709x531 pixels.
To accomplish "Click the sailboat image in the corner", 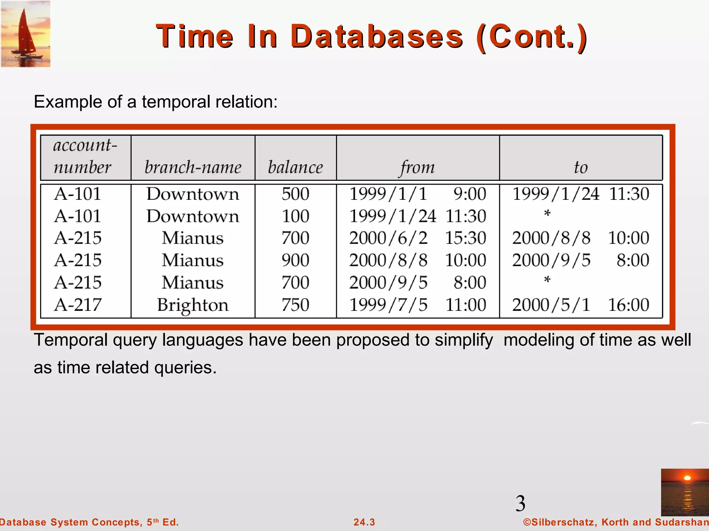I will click(x=26, y=34).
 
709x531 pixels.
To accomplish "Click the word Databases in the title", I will click(x=376, y=37).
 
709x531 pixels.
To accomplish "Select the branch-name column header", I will click(x=193, y=167).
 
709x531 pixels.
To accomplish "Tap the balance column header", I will click(x=295, y=167).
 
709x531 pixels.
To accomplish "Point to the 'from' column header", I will click(x=418, y=167).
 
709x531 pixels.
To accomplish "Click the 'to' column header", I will click(x=581, y=167).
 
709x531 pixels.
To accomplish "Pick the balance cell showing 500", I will click(x=295, y=194).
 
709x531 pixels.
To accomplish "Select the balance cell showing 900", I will click(x=295, y=260).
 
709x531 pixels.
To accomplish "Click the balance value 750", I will click(x=295, y=305).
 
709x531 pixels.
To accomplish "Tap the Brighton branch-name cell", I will click(x=193, y=305).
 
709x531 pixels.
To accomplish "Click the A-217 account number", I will click(x=78, y=305).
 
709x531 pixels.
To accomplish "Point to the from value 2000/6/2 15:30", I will click(x=418, y=238).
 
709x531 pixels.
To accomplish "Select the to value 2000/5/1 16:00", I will click(x=581, y=305).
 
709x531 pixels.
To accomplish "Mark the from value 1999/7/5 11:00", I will click(x=418, y=305).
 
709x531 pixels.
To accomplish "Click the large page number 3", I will click(x=520, y=503).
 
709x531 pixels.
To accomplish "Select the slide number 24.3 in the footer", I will click(x=364, y=522).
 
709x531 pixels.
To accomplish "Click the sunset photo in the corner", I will click(x=684, y=492).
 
